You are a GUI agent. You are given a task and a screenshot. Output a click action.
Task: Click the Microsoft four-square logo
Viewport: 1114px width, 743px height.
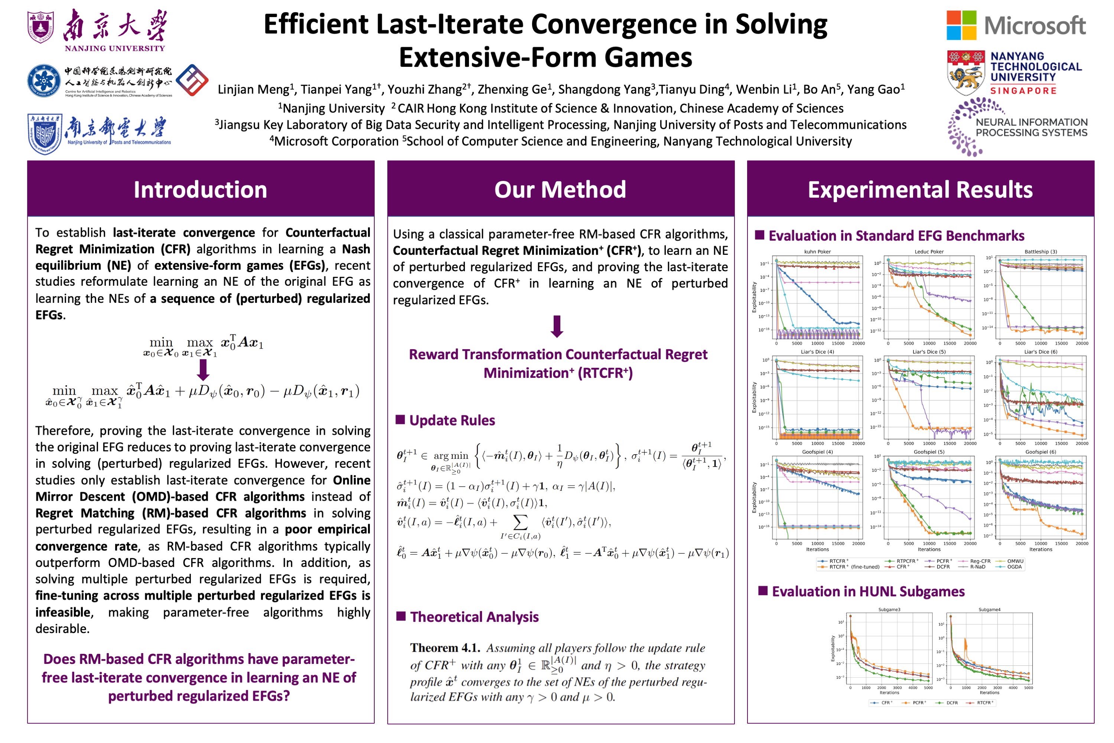(x=961, y=26)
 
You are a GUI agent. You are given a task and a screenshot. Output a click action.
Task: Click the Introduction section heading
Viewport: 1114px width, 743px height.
(x=201, y=189)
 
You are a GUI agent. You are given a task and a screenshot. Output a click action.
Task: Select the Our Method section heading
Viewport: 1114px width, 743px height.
(x=560, y=189)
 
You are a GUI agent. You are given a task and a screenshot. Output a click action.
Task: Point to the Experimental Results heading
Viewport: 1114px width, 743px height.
(x=920, y=189)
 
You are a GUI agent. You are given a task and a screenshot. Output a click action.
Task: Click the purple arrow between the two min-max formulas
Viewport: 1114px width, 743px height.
(x=203, y=370)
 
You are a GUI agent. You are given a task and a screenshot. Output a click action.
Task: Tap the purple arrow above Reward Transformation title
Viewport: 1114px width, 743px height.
(x=557, y=327)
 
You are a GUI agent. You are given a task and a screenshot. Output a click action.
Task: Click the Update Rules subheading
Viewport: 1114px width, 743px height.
(x=452, y=420)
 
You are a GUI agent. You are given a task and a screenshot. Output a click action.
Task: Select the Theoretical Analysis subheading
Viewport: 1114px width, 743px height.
(x=474, y=617)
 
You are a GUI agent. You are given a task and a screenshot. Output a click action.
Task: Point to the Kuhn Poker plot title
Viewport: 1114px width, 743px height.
(x=817, y=252)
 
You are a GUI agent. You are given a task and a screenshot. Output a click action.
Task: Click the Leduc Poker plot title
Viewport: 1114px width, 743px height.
(x=929, y=252)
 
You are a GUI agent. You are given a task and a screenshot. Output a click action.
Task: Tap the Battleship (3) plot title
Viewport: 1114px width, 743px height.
(x=1040, y=252)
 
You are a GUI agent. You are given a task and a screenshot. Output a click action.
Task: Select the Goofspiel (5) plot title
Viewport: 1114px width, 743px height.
(x=929, y=452)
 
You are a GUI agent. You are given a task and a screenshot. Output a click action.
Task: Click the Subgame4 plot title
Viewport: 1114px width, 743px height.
(x=990, y=610)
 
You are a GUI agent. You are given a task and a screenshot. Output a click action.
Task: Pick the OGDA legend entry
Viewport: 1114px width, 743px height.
(x=1014, y=567)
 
